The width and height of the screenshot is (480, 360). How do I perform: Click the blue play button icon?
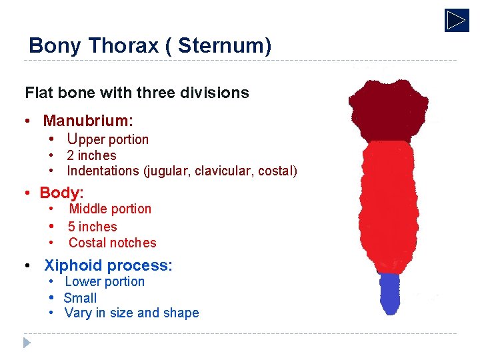(x=457, y=20)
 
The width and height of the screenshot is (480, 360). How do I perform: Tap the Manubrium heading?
(x=88, y=121)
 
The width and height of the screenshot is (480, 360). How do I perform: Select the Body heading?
(x=61, y=193)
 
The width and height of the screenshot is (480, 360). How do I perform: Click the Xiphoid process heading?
(x=108, y=265)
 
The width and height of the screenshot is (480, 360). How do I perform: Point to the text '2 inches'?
(x=91, y=155)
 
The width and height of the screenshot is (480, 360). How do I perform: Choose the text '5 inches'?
(x=92, y=227)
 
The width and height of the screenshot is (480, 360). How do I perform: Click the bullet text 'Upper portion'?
(x=107, y=139)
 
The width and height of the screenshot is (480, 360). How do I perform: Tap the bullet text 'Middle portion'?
(x=110, y=209)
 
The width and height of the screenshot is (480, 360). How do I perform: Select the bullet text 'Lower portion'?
(x=105, y=281)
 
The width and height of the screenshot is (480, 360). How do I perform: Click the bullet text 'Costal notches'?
(x=112, y=243)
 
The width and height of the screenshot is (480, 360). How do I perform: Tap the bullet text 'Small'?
(x=80, y=298)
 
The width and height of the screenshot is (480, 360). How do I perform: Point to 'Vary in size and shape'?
(x=131, y=313)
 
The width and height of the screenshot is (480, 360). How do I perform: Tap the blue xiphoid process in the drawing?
(x=389, y=293)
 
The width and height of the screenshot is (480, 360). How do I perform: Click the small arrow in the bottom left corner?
(x=26, y=343)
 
